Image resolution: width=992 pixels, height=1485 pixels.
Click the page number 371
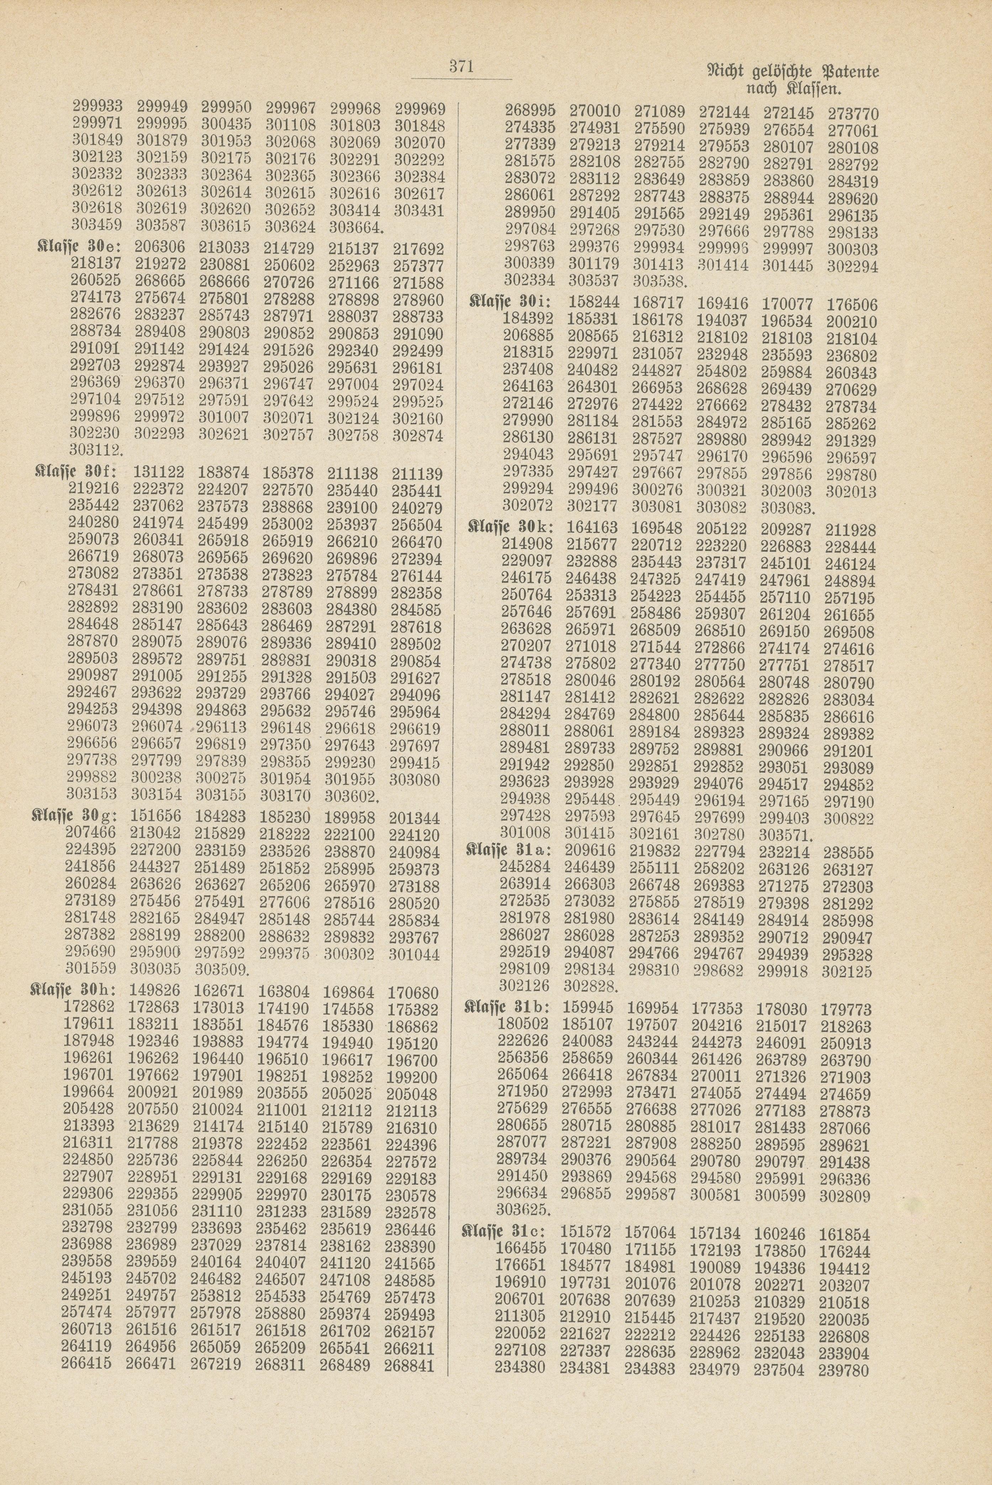point(461,67)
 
